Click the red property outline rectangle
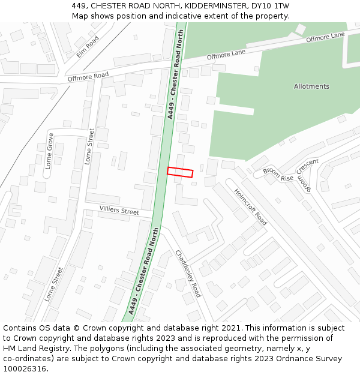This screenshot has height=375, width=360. (x=180, y=172)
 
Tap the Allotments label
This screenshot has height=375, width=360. (x=311, y=86)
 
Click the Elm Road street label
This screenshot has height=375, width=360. (x=88, y=47)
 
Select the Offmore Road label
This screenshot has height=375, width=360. (x=88, y=76)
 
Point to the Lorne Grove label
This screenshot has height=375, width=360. (x=50, y=151)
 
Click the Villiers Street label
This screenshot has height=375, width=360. (x=119, y=211)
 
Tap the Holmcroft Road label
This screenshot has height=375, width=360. (x=250, y=207)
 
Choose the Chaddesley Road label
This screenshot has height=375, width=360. (x=188, y=274)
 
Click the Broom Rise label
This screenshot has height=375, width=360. (x=278, y=174)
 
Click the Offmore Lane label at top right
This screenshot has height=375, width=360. (x=325, y=38)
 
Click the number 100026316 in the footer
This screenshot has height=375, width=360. (x=26, y=369)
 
